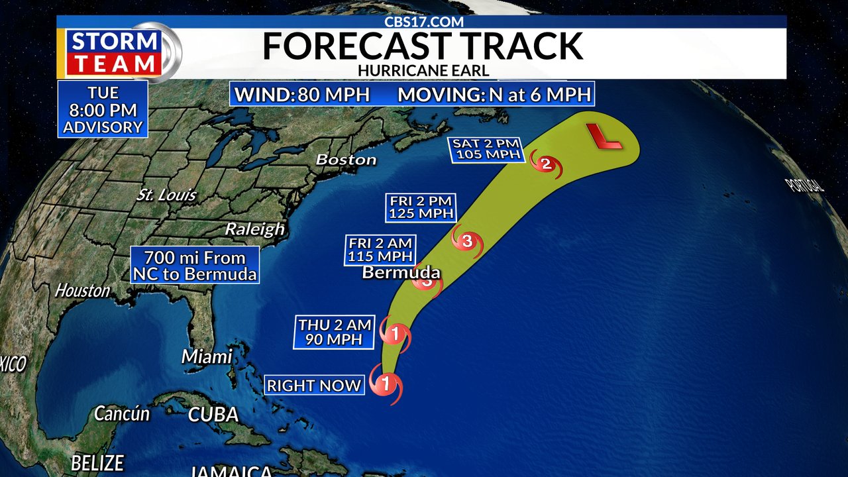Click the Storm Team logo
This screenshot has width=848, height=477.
click(x=116, y=52)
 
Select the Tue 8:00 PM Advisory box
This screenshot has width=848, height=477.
click(x=103, y=109)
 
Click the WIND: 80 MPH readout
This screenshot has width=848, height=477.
click(x=302, y=94)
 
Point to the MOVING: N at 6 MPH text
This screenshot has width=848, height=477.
click(x=494, y=94)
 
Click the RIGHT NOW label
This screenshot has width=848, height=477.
click(x=314, y=385)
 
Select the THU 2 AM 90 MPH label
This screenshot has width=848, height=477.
click(x=334, y=332)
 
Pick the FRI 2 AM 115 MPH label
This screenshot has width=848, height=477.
click(x=380, y=250)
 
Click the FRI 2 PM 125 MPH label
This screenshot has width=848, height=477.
click(x=420, y=207)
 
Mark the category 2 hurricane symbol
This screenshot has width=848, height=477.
click(x=546, y=164)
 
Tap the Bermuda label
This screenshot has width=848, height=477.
click(x=401, y=273)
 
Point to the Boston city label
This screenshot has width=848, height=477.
click(x=346, y=160)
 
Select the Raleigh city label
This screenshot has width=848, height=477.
click(x=254, y=229)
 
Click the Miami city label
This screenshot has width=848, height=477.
click(x=207, y=356)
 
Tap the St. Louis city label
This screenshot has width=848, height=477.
click(x=166, y=195)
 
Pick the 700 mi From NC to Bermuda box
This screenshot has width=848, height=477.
click(x=195, y=265)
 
